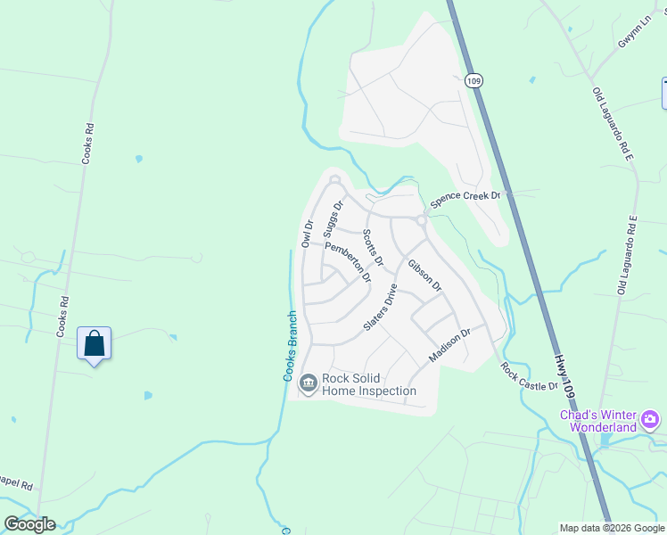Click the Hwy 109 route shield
click(473, 80)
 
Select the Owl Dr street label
click(308, 234)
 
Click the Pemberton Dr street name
click(348, 261)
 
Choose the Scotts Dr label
click(372, 248)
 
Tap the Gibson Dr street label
click(424, 275)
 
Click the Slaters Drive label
click(379, 309)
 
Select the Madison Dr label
click(449, 345)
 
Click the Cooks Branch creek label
click(289, 346)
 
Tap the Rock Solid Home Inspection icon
click(308, 384)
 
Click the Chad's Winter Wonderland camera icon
click(650, 418)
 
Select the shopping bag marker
click(95, 343)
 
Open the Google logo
click(29, 524)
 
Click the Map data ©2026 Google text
click(612, 528)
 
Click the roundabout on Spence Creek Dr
click(420, 219)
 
